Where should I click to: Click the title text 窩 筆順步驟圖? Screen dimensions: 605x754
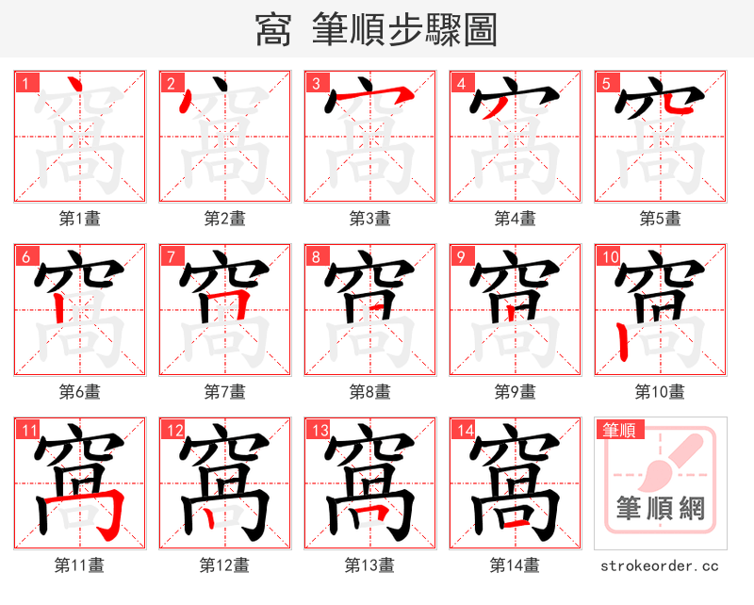tap(376, 29)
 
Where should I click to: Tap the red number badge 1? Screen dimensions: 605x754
tap(24, 83)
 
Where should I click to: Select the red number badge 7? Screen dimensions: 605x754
tap(171, 256)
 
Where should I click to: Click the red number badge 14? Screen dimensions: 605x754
tap(462, 431)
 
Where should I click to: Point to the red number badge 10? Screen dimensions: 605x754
tap(608, 256)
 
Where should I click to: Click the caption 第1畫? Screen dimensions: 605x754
tap(79, 219)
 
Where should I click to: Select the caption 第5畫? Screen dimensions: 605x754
tap(660, 219)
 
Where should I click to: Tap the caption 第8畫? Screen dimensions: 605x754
tap(369, 391)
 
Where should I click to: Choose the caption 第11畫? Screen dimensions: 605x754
tap(79, 565)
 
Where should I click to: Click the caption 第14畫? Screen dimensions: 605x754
tap(515, 565)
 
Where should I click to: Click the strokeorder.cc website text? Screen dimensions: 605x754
tap(660, 565)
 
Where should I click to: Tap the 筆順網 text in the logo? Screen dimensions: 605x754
tap(660, 509)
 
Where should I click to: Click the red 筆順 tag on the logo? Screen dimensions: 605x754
tap(618, 430)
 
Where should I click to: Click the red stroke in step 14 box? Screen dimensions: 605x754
tap(514, 520)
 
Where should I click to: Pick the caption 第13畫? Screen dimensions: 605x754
tap(369, 565)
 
